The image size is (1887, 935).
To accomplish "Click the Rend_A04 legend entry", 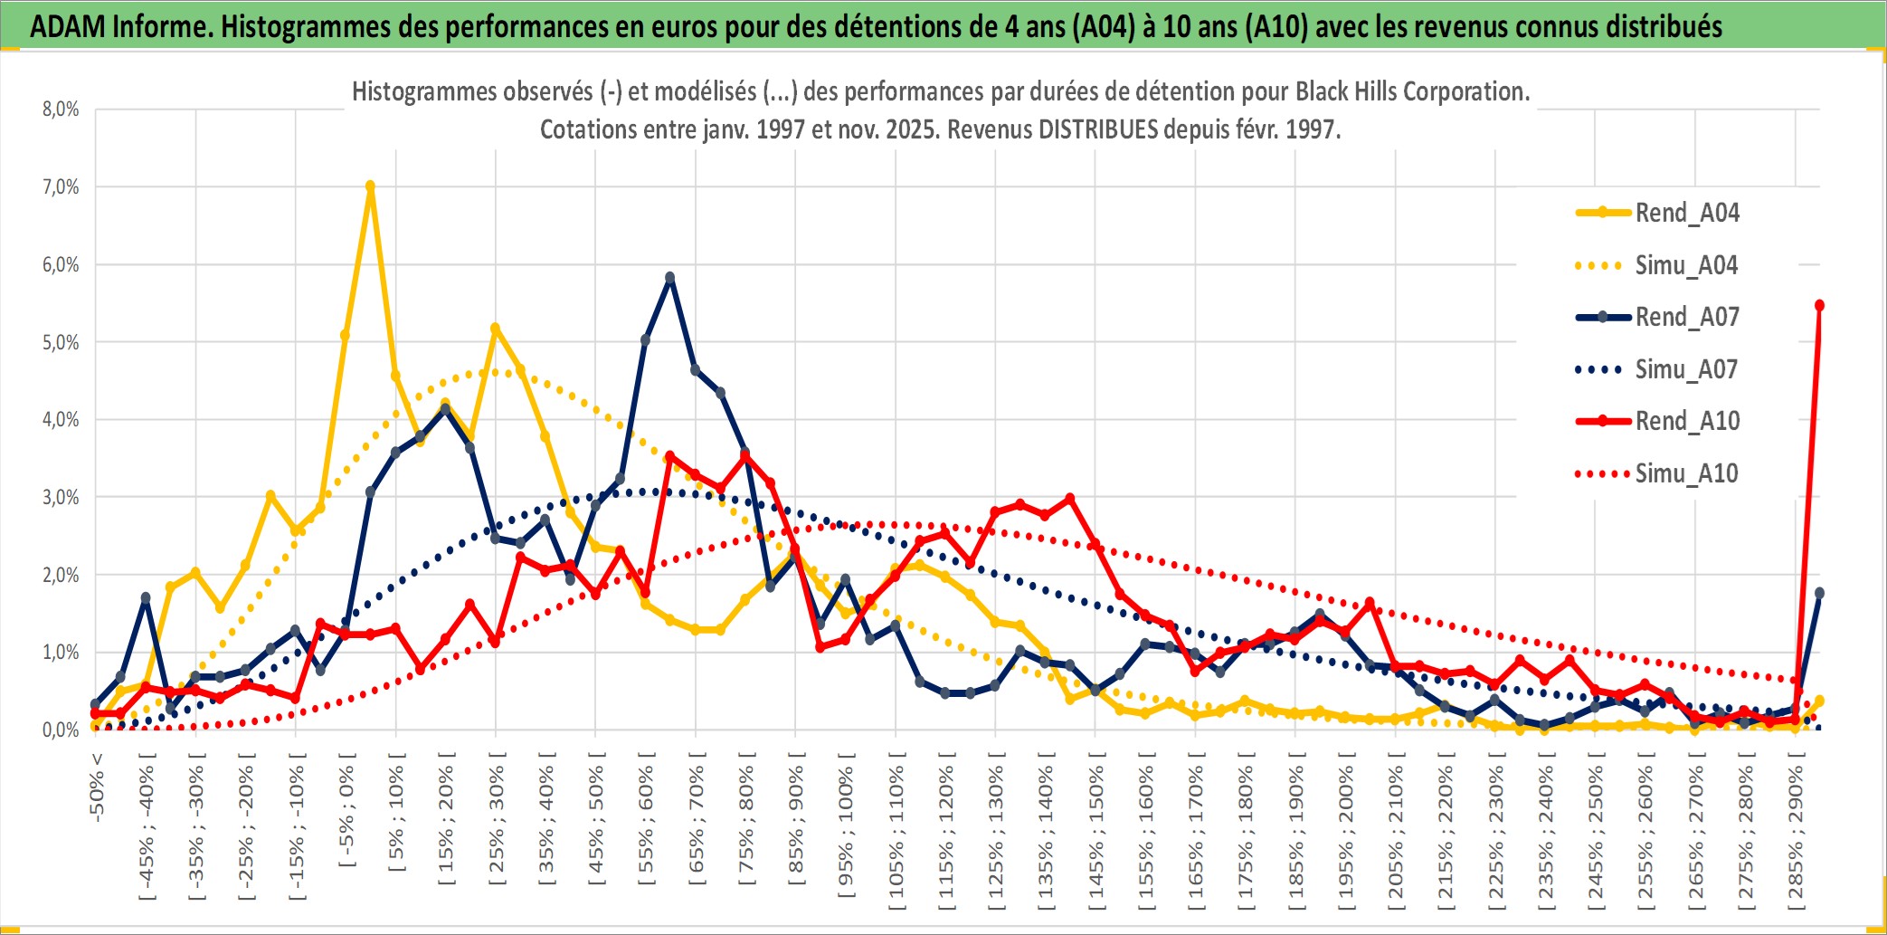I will coord(1686,213).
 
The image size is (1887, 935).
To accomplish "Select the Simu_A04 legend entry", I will coord(1686,265).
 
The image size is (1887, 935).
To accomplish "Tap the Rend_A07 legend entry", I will coord(1686,317).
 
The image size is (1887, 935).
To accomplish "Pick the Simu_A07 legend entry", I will coord(1686,369).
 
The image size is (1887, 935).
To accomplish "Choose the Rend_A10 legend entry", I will coord(1686,421).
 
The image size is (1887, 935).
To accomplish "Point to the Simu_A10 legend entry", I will coord(1686,473).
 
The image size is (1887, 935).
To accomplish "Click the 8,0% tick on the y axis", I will coord(61,110).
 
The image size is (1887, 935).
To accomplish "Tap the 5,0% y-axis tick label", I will coord(61,342).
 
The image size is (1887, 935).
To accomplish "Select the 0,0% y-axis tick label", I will coord(61,730).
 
